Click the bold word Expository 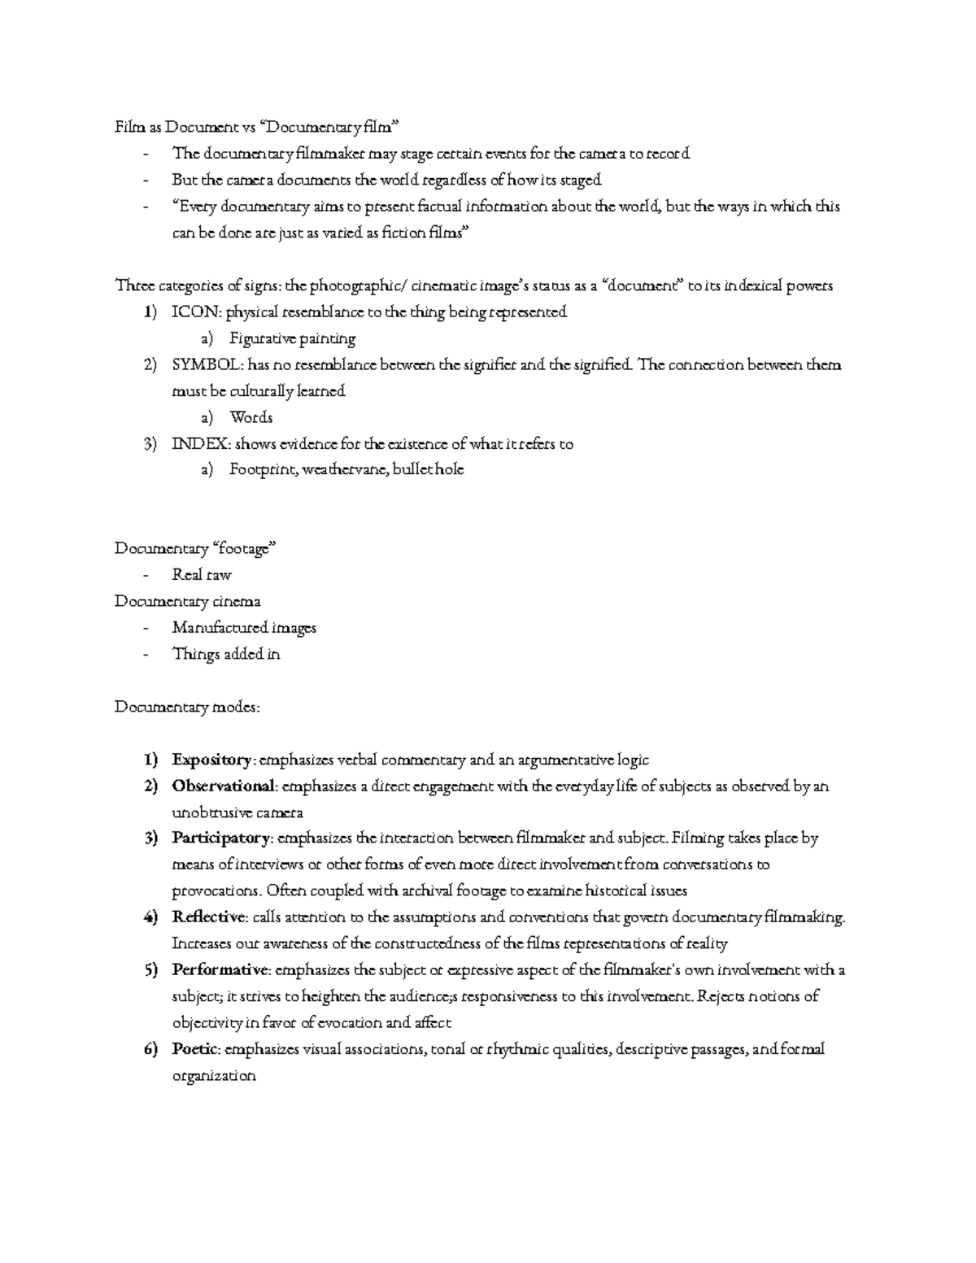coord(211,760)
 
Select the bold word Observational coord(224,786)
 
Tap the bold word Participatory coord(220,838)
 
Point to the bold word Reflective coord(209,917)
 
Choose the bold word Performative coord(220,970)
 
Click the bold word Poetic coord(195,1049)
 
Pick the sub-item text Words coord(251,418)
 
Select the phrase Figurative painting coord(292,338)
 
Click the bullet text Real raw coord(202,575)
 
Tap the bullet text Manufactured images coord(244,628)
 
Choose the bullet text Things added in coord(226,654)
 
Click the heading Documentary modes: coord(188,708)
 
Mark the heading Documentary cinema coord(188,602)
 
